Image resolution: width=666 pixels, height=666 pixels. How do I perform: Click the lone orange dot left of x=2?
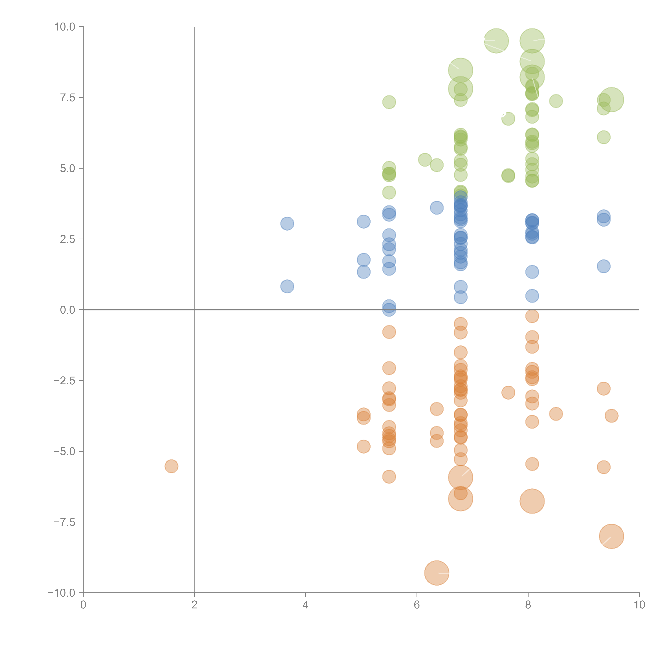tap(171, 466)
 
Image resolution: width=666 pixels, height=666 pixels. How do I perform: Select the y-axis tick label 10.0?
tap(65, 27)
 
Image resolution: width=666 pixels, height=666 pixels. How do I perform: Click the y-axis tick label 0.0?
tap(68, 310)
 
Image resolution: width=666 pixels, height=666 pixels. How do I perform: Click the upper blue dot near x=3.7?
tap(287, 223)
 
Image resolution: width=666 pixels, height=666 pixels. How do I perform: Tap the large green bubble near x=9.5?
tap(611, 100)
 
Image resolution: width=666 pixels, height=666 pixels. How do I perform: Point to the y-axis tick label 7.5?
tap(68, 98)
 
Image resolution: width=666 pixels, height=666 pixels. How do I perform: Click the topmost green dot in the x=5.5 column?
tap(389, 102)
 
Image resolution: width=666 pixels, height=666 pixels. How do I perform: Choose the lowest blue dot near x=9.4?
tap(603, 266)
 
